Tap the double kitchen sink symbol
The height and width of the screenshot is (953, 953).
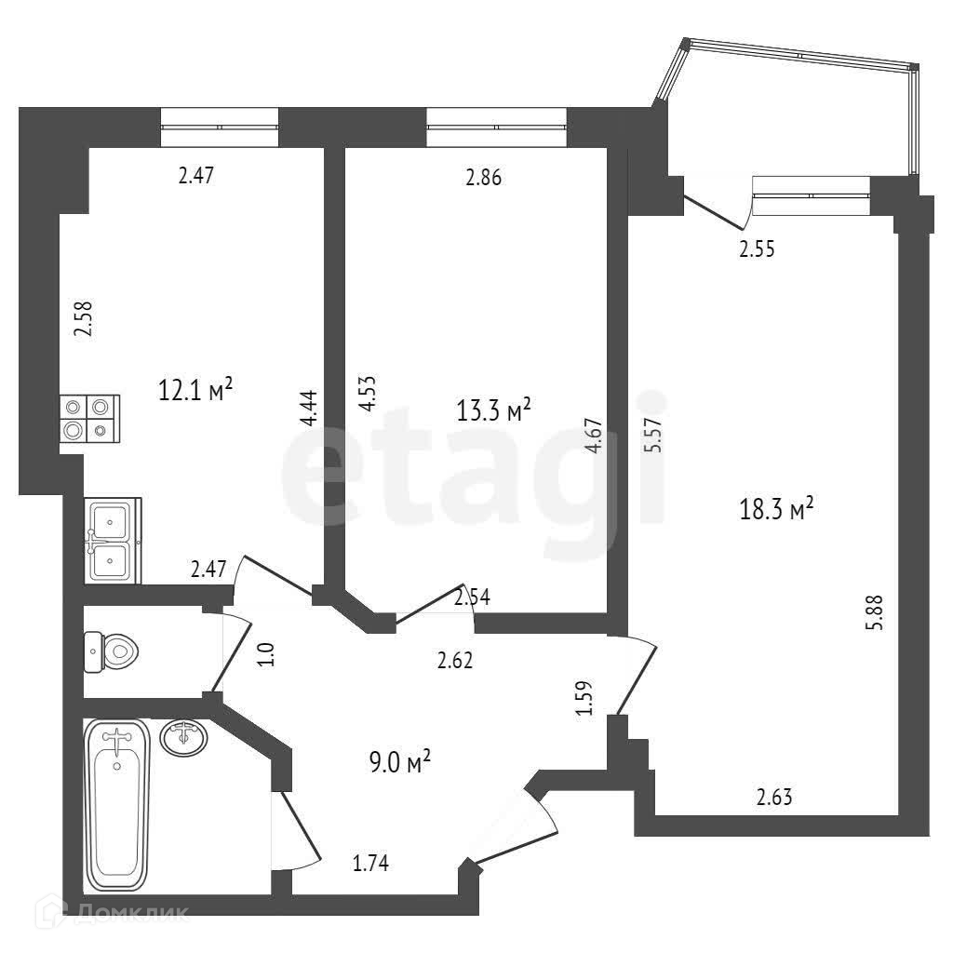(112, 540)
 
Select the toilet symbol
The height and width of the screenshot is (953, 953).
(110, 650)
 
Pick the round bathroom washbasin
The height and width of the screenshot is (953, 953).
(183, 738)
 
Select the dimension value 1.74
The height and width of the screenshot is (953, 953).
(370, 864)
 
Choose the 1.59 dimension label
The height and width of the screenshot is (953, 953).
(584, 699)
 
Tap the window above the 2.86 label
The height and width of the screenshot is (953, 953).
(496, 128)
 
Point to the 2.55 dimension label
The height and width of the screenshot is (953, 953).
(757, 248)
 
